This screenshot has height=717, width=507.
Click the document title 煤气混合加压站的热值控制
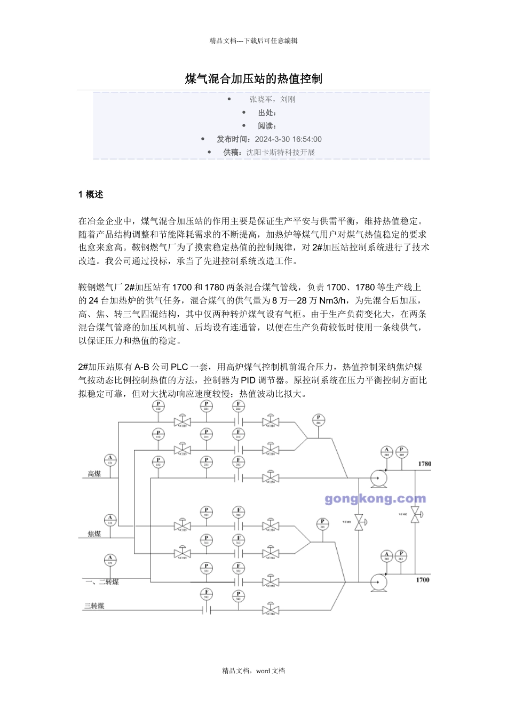click(x=253, y=79)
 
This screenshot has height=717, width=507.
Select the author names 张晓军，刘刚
click(x=272, y=99)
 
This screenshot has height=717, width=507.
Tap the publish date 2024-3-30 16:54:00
click(x=288, y=139)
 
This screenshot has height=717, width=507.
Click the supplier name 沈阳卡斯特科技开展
click(x=280, y=152)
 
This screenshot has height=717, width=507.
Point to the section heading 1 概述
click(x=91, y=195)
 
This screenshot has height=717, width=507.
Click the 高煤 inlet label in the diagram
click(x=94, y=474)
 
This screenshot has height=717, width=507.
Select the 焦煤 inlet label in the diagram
click(x=94, y=533)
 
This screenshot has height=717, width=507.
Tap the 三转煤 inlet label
click(x=94, y=606)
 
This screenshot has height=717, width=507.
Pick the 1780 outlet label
click(x=424, y=464)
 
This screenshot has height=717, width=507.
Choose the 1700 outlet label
click(x=422, y=579)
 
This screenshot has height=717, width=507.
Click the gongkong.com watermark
click(x=375, y=499)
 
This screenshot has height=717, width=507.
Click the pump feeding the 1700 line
click(x=379, y=581)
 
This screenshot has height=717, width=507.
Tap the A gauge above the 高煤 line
click(x=110, y=459)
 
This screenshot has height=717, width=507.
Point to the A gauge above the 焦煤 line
click(x=110, y=519)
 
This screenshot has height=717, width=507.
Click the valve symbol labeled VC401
click(x=360, y=521)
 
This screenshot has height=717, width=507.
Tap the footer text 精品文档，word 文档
click(x=253, y=671)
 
